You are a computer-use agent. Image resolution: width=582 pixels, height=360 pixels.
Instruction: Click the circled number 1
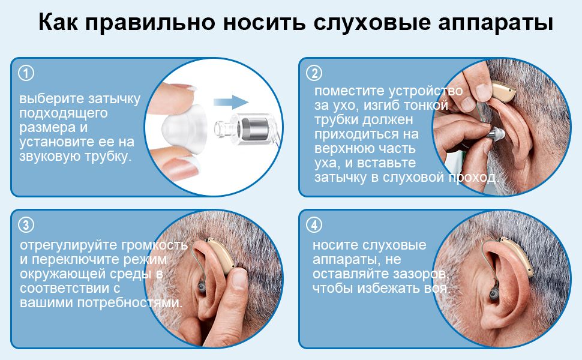(x=26, y=73)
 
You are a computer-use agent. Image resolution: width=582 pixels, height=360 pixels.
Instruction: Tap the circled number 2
(x=314, y=73)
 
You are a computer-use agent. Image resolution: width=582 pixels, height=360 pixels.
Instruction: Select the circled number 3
(x=26, y=225)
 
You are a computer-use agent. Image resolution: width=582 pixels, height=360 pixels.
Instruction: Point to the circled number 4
(x=314, y=225)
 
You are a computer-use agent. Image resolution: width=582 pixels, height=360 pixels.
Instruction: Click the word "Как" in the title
(x=58, y=22)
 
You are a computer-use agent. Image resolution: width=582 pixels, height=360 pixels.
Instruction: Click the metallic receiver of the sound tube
(x=253, y=128)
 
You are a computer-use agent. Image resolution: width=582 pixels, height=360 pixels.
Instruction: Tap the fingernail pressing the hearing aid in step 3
(x=239, y=278)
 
